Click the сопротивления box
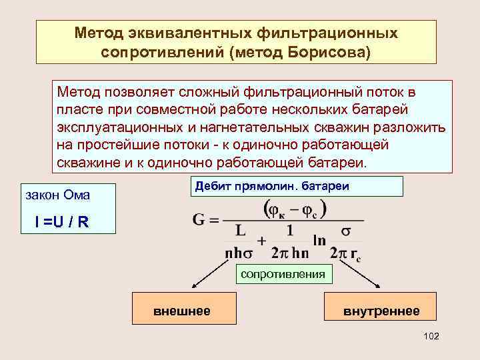coord(282,274)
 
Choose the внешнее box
coord(182,311)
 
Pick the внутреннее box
coord(381,311)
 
